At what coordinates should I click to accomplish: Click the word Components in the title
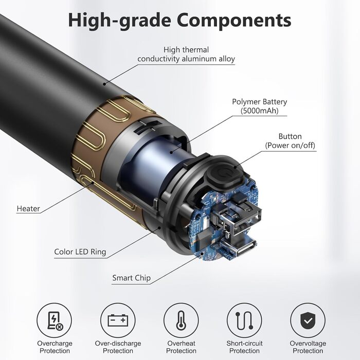click(x=235, y=21)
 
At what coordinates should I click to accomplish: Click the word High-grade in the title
click(x=120, y=21)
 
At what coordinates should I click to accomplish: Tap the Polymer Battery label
click(x=260, y=102)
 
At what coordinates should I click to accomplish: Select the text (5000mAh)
click(x=260, y=111)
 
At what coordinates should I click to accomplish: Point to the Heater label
click(x=28, y=209)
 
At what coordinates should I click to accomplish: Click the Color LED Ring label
click(x=80, y=252)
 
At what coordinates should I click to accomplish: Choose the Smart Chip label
click(x=132, y=278)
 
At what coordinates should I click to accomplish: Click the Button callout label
click(x=290, y=137)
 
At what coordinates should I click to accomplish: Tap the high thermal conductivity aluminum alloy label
click(x=186, y=54)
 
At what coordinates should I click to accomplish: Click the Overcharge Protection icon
click(x=55, y=320)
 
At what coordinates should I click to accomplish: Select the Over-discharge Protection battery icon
click(x=118, y=320)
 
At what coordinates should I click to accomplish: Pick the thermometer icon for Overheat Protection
click(x=181, y=320)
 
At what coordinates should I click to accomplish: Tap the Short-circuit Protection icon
click(x=244, y=320)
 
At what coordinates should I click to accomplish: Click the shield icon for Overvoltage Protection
click(x=308, y=320)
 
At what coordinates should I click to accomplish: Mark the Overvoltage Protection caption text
click(x=308, y=347)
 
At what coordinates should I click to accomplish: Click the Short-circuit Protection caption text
click(x=244, y=347)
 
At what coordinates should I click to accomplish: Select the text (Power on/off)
click(x=290, y=146)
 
